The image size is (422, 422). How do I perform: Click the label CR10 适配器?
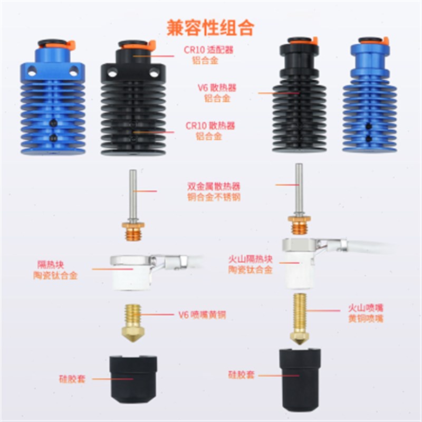pos(209,50)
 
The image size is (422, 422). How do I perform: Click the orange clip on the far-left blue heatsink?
pos(70,45)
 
